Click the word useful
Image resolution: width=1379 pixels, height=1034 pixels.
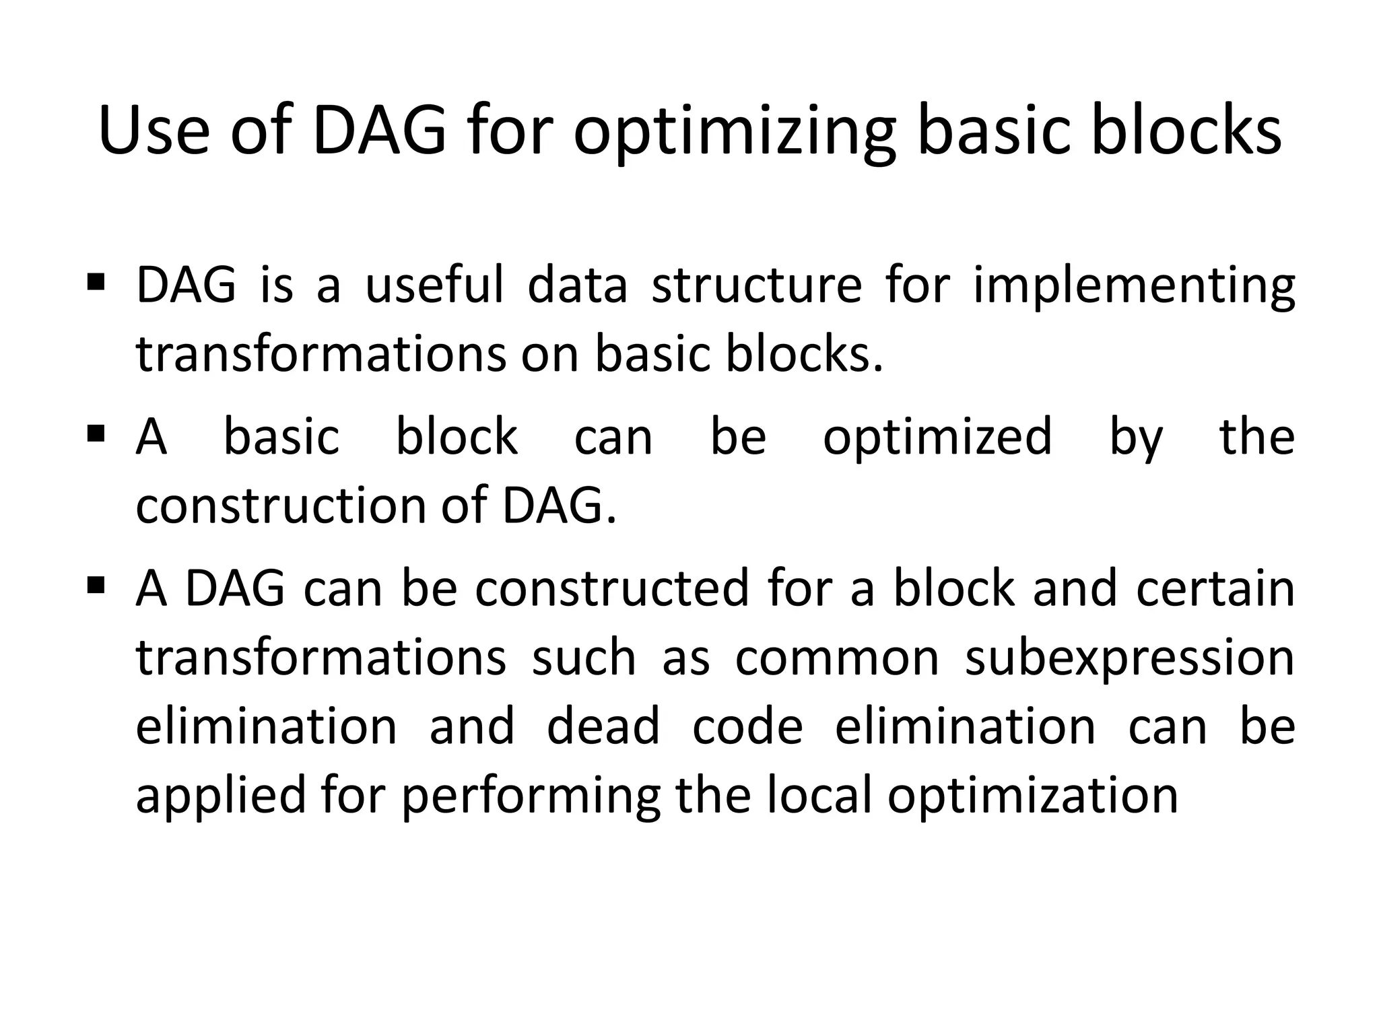click(434, 285)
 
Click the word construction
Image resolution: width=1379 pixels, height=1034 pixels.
click(281, 506)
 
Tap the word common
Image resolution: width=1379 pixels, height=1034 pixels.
click(837, 658)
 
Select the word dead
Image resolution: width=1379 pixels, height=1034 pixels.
click(603, 727)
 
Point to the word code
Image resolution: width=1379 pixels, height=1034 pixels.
click(747, 727)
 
